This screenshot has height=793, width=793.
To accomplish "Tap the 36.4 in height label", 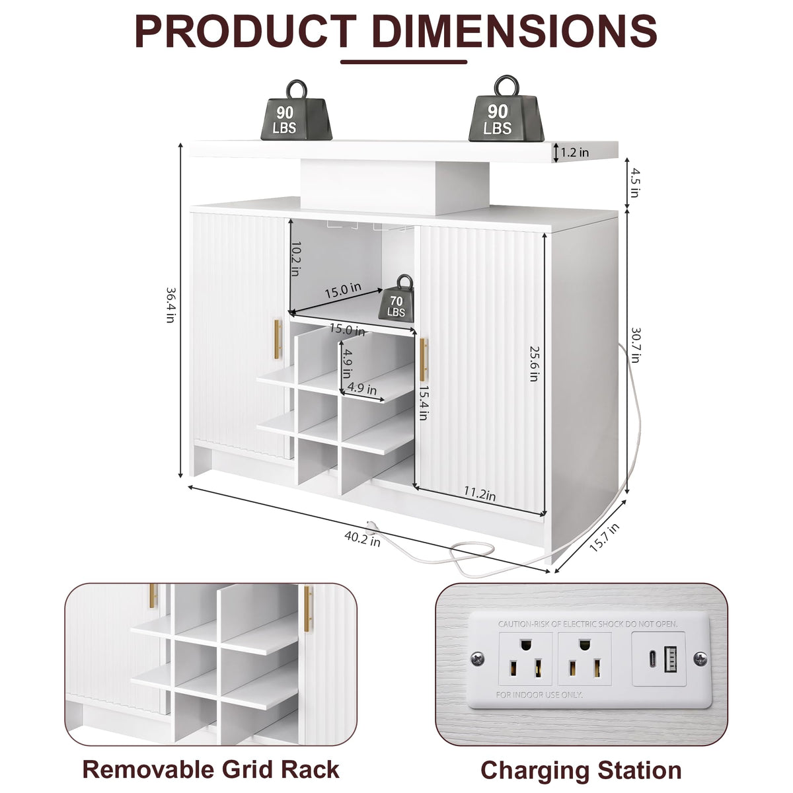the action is (x=170, y=305).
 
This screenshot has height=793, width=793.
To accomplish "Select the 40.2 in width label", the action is (x=363, y=539).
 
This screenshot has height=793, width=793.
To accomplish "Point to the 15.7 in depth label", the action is (x=604, y=537).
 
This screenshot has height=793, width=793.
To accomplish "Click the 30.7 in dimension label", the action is (x=636, y=345).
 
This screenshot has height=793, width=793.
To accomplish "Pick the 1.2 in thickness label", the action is (x=575, y=152).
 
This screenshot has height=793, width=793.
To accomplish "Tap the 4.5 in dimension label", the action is (x=634, y=182).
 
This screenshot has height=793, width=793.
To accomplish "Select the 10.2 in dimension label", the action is (x=296, y=258).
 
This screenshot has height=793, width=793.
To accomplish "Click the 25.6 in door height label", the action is (x=534, y=363).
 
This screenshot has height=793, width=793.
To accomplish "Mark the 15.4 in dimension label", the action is (x=423, y=402).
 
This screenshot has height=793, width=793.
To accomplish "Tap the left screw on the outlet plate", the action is (x=477, y=660).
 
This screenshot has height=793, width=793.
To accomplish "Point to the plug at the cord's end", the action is (x=371, y=526).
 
